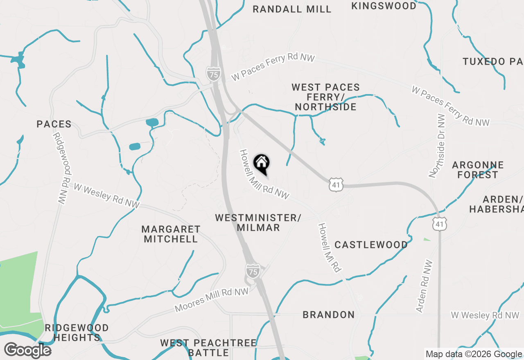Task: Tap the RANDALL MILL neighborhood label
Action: (x=292, y=9)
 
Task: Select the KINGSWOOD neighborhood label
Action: (x=384, y=6)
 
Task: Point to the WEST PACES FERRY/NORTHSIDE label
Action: (x=325, y=97)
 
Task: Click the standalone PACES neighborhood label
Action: (x=54, y=124)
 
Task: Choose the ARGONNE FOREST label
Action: (x=478, y=170)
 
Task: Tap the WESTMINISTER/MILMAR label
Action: (x=258, y=223)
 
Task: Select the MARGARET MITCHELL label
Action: (x=171, y=234)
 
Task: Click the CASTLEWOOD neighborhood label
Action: (x=371, y=245)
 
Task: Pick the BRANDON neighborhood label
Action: (x=329, y=315)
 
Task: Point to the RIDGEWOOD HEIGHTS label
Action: (x=77, y=333)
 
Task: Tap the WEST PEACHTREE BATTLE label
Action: (x=208, y=347)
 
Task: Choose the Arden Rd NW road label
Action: (x=424, y=286)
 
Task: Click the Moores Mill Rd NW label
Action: (x=212, y=300)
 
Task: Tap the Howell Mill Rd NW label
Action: (x=264, y=174)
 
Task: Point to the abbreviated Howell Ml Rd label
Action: (x=330, y=248)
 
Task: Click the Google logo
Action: (x=27, y=350)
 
